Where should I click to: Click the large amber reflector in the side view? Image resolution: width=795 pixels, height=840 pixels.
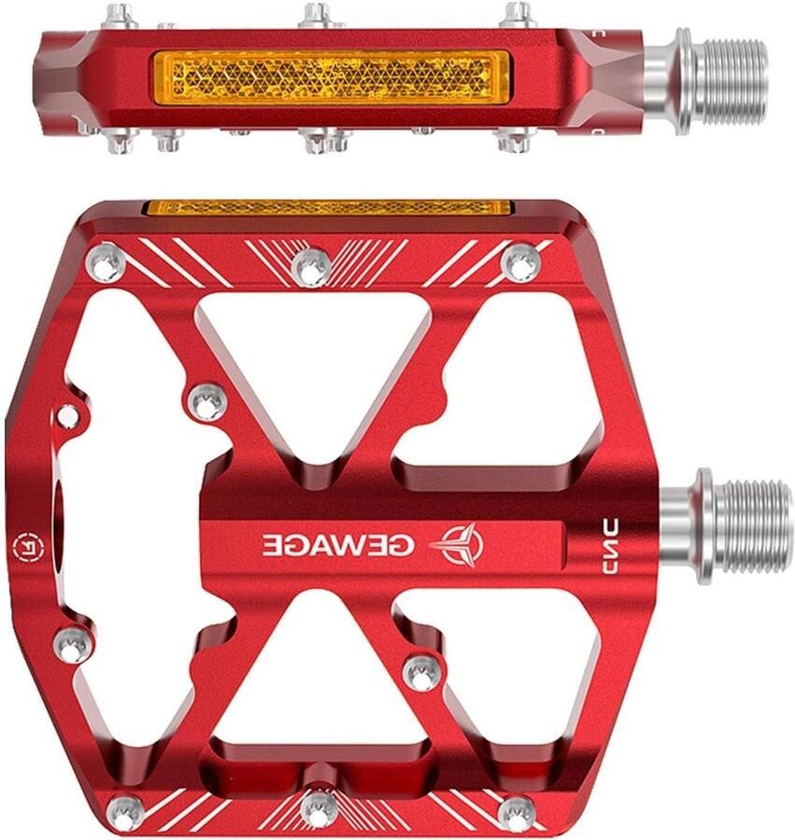click(x=331, y=79)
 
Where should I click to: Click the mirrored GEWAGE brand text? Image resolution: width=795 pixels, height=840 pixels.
click(x=338, y=545)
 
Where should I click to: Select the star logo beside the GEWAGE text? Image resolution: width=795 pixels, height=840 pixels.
click(x=457, y=542)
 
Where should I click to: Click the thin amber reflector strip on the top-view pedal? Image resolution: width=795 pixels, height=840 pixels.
click(x=328, y=207)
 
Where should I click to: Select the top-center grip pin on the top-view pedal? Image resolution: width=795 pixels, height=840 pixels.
click(x=312, y=267)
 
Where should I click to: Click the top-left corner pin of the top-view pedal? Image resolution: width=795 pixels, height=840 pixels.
click(x=106, y=261)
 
